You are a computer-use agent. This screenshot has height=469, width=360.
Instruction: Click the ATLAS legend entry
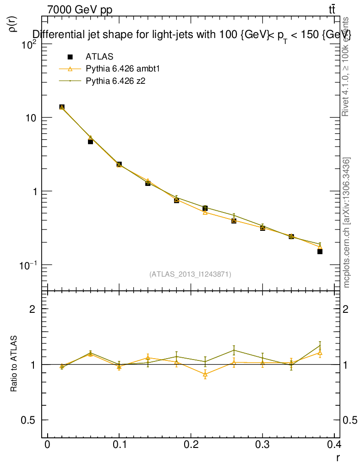[x=99, y=57]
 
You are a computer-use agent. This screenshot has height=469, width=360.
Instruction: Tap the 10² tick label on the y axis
[x=30, y=44]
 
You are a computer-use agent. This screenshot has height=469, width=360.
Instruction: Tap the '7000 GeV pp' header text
[x=80, y=10]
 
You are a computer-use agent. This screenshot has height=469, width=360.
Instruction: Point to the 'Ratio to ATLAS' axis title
[x=14, y=364]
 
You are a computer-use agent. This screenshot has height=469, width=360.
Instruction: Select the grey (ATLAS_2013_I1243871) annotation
[x=190, y=274]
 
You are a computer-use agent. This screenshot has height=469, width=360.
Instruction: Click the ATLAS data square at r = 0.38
[x=320, y=251]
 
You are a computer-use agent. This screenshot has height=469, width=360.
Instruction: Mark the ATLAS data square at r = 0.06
[x=91, y=142]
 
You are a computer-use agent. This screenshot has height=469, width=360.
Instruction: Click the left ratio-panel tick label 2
[x=33, y=309]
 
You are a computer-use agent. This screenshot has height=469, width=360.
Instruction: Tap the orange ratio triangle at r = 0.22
[x=205, y=374]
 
